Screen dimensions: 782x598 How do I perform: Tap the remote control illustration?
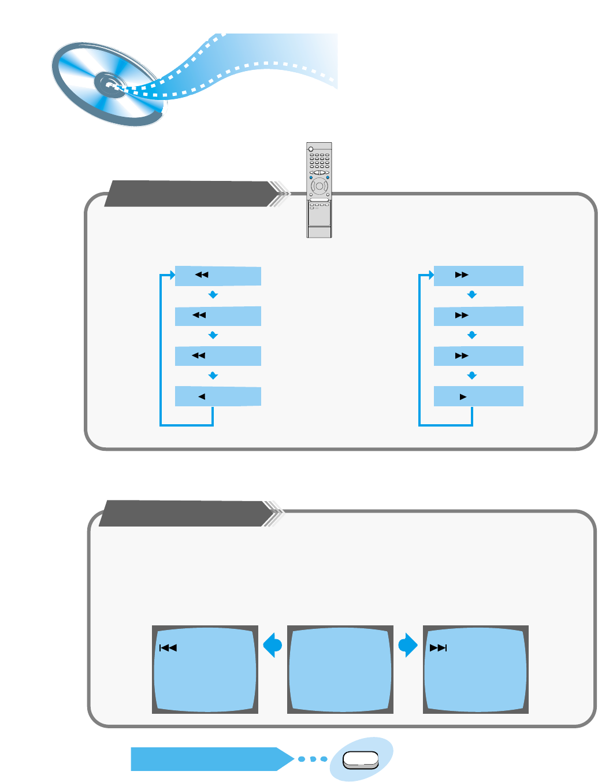[319, 190]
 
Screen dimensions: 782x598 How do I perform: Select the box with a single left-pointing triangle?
[218, 396]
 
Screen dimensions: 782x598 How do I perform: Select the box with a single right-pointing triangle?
[478, 396]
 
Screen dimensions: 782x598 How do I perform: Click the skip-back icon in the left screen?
[168, 648]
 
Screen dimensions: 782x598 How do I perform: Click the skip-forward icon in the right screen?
[439, 648]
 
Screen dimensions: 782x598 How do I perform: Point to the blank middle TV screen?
[340, 669]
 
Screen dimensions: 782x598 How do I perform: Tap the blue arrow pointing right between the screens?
[407, 645]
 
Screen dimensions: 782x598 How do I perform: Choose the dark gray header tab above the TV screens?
[185, 513]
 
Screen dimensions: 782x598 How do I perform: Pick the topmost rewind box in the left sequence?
[218, 276]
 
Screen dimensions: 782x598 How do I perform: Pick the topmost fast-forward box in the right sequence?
[478, 276]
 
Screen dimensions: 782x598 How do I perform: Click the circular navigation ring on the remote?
[319, 187]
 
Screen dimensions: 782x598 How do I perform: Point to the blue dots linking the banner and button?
[313, 759]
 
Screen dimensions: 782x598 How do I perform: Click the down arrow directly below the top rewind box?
[213, 295]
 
